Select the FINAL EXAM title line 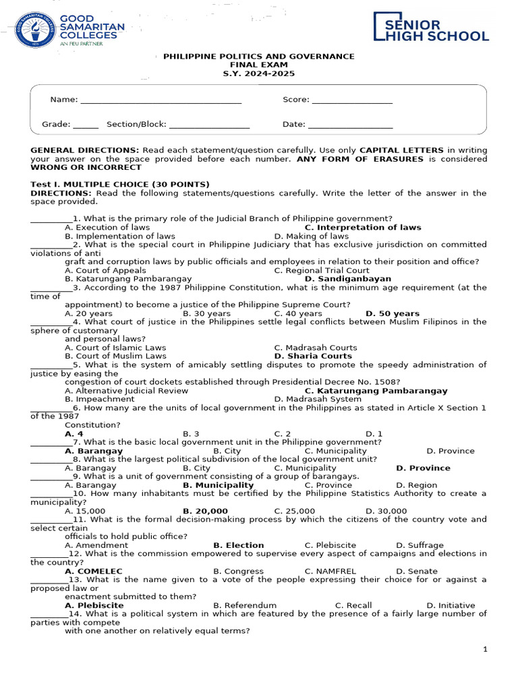[x=259, y=65]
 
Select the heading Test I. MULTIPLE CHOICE [x=120, y=185]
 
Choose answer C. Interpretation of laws [x=362, y=228]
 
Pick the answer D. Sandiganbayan [x=347, y=279]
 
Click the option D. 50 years [x=392, y=314]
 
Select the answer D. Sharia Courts [x=313, y=356]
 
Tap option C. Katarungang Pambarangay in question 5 [x=376, y=391]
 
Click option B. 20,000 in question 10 [x=205, y=511]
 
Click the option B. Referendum [x=244, y=606]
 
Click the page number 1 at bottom [x=485, y=650]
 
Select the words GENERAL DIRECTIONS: [x=85, y=150]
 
